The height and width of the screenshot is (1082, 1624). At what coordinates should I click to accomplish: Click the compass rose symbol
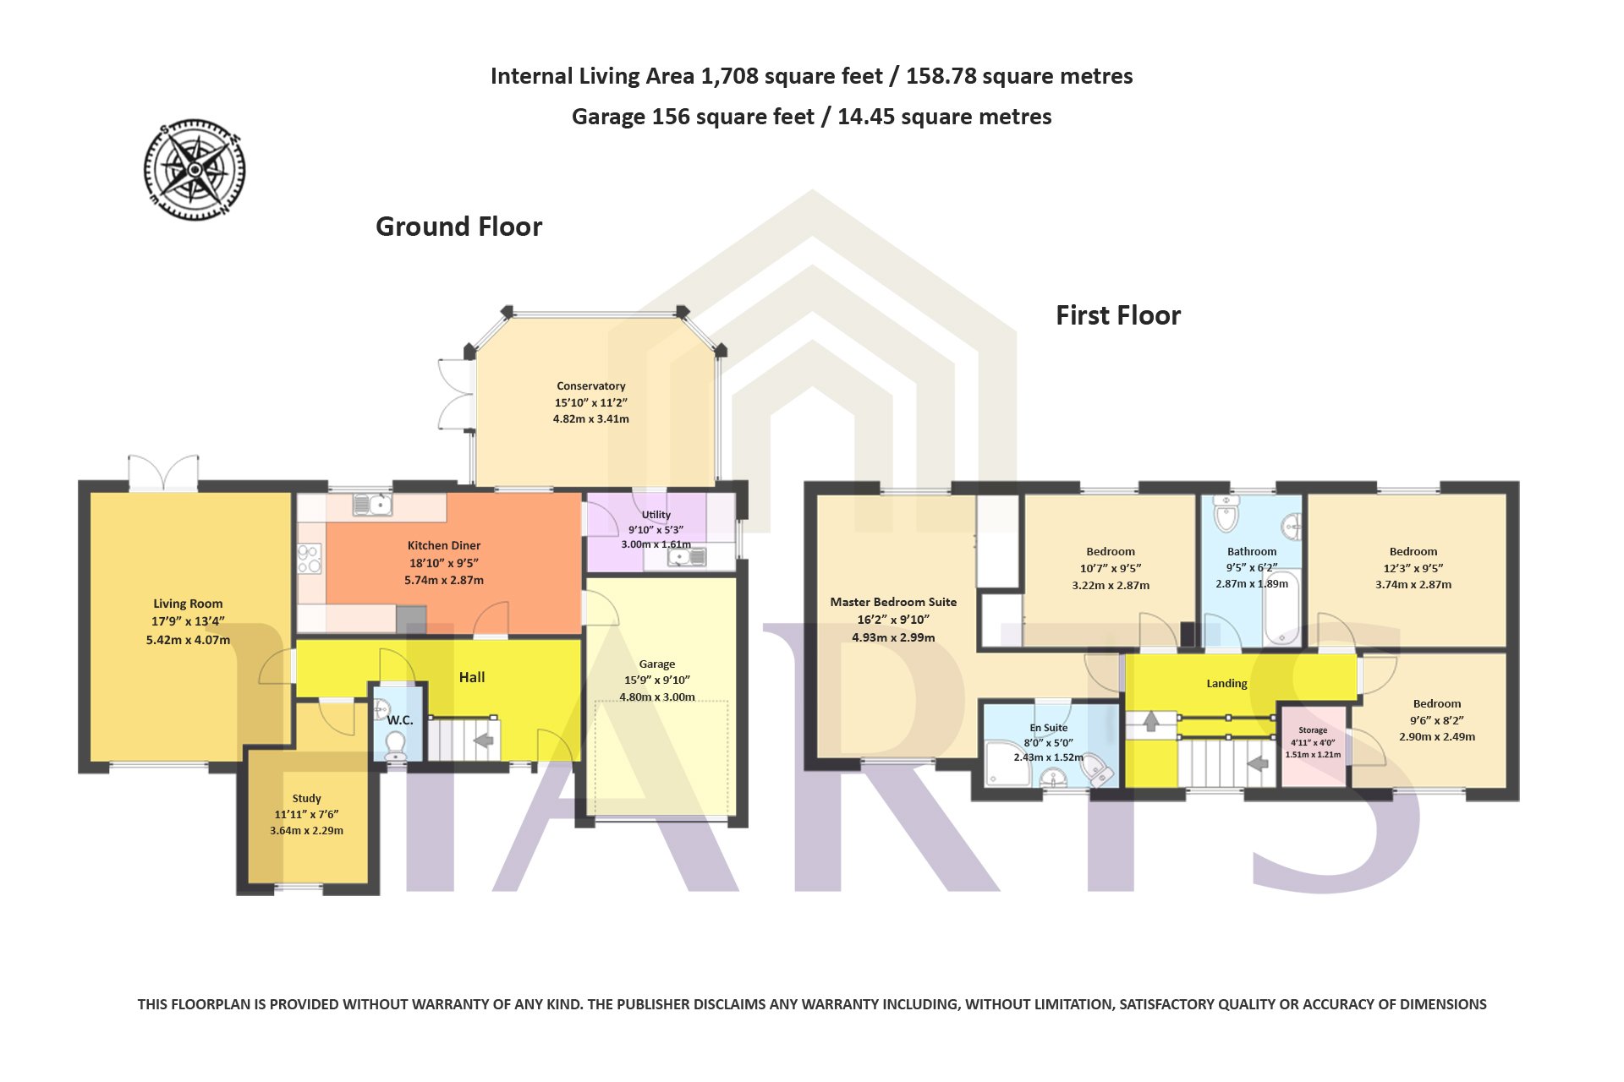[195, 170]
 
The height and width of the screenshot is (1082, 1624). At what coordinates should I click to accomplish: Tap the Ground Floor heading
[458, 227]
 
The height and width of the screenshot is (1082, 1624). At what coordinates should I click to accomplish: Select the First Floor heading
[1118, 315]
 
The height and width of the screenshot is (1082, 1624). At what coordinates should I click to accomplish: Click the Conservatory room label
[591, 386]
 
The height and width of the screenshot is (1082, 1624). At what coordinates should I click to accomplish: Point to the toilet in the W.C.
[395, 746]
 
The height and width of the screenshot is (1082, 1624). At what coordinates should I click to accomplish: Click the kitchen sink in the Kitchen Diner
[371, 504]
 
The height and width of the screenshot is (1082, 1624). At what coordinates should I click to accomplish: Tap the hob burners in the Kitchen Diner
[310, 559]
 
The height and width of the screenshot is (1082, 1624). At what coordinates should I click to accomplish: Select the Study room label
[307, 798]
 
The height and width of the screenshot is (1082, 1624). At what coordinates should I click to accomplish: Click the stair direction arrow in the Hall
[483, 740]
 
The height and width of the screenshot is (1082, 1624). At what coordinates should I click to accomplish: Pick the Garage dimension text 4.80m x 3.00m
[657, 697]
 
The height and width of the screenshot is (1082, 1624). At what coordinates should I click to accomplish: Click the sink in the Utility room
[688, 556]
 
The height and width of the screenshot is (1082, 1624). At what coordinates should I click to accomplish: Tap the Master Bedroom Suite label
[893, 602]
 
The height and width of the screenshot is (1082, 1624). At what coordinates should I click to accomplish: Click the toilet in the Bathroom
[1226, 512]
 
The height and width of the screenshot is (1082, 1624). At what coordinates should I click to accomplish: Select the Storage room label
[1313, 730]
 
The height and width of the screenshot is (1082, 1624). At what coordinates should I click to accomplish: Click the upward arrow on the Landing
[1150, 721]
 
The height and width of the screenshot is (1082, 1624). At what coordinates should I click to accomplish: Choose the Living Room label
[188, 604]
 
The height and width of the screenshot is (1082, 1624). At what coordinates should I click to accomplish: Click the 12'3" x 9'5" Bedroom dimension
[1413, 568]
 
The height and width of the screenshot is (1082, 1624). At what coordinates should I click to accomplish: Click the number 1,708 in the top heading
[730, 77]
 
